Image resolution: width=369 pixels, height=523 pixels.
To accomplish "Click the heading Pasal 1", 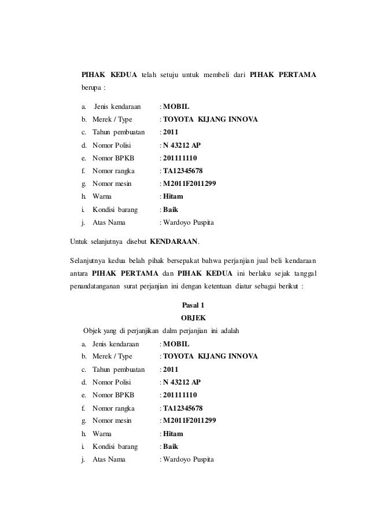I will [x=193, y=306].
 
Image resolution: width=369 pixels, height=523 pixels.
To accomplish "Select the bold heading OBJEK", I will [x=193, y=318].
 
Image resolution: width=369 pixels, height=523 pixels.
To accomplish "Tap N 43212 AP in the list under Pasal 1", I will [x=182, y=382].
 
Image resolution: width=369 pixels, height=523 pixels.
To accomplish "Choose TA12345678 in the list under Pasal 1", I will [x=183, y=408].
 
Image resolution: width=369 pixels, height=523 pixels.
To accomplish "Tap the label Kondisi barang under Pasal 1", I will [x=115, y=447].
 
